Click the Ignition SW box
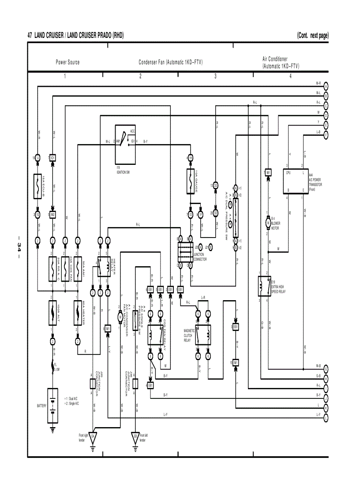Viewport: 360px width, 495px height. coord(125,144)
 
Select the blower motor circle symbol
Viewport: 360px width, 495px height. coord(267,223)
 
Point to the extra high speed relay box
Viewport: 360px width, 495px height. coord(265,286)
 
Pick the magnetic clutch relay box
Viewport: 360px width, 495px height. coord(203,335)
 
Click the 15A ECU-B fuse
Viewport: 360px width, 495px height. coord(37,186)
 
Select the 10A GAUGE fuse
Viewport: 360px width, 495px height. coord(191,181)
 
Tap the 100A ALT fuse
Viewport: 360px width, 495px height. coord(52,313)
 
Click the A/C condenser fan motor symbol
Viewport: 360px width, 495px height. coord(120,316)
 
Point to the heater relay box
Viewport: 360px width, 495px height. coord(104,267)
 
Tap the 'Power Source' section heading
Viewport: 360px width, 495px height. coord(67,62)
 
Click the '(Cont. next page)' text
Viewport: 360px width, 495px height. coord(313,35)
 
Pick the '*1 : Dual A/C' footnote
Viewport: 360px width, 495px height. coord(71,398)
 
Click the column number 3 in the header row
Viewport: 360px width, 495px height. coord(215,76)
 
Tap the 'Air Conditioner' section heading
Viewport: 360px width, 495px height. coord(275,59)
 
